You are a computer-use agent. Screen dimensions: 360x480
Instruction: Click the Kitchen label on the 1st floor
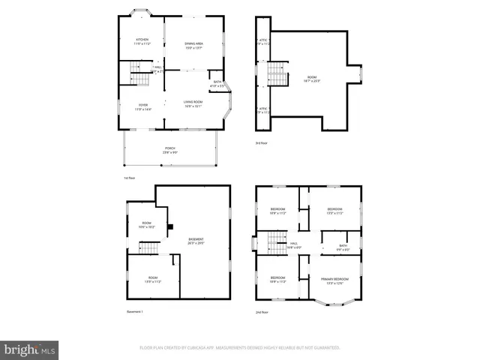142,42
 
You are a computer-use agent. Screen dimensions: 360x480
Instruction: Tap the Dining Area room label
194,46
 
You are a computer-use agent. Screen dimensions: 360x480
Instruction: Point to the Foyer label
142,106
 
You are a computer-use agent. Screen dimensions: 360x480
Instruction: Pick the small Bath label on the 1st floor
217,83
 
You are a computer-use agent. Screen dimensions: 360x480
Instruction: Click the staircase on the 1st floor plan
137,73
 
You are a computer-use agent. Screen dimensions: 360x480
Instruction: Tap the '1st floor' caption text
130,178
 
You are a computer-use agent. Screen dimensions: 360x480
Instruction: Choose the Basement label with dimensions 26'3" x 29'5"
196,241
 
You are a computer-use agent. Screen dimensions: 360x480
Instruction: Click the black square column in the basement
171,226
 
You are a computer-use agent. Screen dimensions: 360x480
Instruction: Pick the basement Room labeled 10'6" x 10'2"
147,224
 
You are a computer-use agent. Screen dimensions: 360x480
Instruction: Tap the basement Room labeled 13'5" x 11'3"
152,279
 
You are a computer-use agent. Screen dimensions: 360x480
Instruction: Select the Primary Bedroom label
334,280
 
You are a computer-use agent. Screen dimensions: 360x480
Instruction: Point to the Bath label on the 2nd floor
343,247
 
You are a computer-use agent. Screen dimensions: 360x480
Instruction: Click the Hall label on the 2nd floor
294,244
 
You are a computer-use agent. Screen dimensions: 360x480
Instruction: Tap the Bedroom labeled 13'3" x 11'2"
334,211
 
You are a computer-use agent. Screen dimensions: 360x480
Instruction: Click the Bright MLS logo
30,349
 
